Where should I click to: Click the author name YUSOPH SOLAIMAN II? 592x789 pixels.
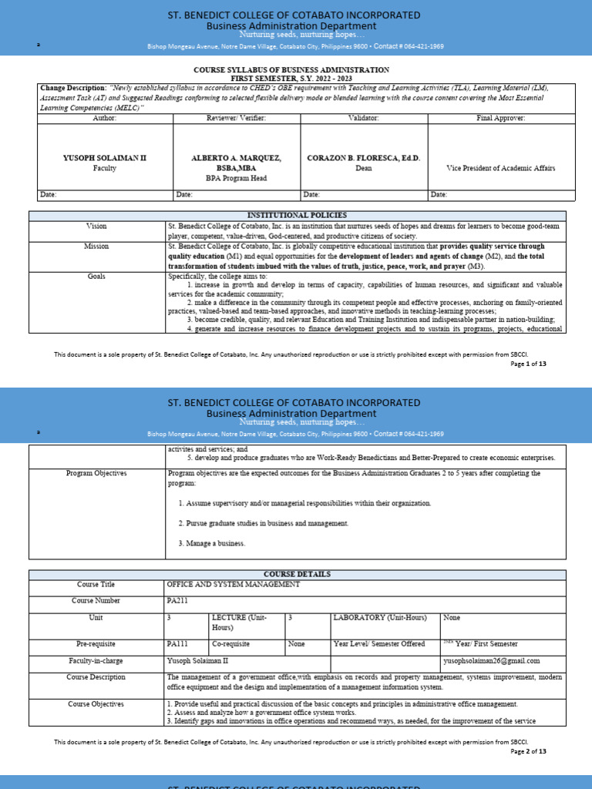pos(104,157)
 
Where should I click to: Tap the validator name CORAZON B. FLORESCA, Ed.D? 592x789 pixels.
pos(364,157)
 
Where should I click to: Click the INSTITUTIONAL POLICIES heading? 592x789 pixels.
pos(297,215)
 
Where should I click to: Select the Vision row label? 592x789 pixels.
pos(97,226)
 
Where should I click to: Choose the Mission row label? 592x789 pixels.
pos(97,247)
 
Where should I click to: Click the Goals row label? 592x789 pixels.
pos(97,275)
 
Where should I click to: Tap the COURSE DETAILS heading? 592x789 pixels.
pos(297,574)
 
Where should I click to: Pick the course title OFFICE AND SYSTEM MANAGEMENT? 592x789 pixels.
pos(233,585)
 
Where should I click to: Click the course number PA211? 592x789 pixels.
pos(177,600)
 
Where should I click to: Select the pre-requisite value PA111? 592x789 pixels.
pos(177,643)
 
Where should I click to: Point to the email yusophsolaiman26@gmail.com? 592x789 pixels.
pos(492,660)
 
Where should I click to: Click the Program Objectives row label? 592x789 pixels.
pos(97,473)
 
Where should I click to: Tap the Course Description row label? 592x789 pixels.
pos(97,677)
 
